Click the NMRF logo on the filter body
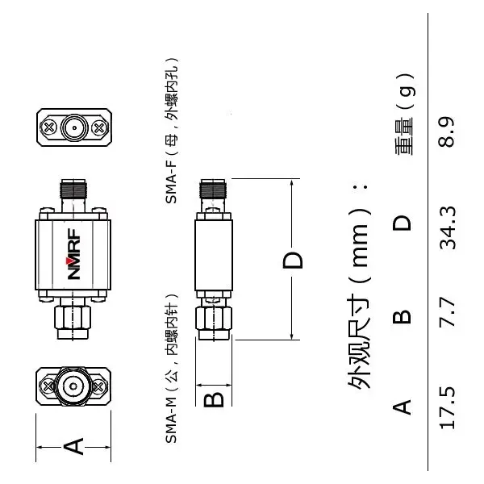tap(74, 254)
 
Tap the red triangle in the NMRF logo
tap(69, 261)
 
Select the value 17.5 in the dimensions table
tap(447, 407)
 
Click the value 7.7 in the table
tap(447, 312)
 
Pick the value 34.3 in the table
tap(447, 228)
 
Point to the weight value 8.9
tap(446, 131)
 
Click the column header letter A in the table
tap(402, 407)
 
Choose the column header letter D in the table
tap(402, 223)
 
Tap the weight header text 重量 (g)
tap(405, 115)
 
